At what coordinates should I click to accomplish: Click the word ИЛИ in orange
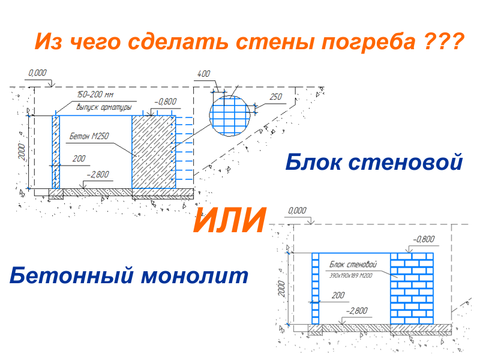229,221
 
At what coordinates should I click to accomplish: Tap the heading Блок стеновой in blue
373,162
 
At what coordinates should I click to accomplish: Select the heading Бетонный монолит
129,276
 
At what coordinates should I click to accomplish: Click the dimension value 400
203,74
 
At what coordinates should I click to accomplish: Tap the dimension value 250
275,97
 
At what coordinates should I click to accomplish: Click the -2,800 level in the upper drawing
97,175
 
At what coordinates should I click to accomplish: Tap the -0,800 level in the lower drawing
423,239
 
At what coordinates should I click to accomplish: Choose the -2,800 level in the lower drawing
357,310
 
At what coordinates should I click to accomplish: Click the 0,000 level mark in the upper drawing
37,73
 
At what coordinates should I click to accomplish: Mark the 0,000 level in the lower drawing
297,211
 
